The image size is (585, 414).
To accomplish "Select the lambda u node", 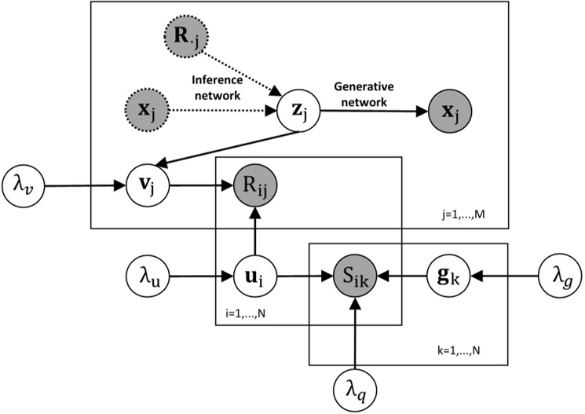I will pyautogui.click(x=147, y=277).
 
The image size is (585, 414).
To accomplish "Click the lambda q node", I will pyautogui.click(x=356, y=387).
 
